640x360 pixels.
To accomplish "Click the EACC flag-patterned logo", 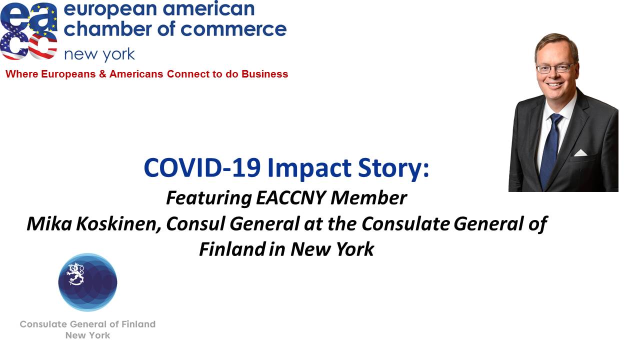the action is (x=28, y=31).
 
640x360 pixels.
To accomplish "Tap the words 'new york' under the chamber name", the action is (x=99, y=54).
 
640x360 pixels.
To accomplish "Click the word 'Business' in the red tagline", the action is (x=264, y=74).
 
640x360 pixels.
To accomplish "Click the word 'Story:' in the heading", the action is (x=393, y=168).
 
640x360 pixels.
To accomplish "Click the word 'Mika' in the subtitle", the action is (x=49, y=223).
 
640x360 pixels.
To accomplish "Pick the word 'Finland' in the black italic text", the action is (x=232, y=249).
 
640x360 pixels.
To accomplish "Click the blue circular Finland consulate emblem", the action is (x=87, y=282).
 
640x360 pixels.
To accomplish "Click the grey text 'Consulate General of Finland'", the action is (x=87, y=324).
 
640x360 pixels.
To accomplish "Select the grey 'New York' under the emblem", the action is (x=87, y=335).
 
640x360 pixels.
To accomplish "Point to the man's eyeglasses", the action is (x=555, y=68).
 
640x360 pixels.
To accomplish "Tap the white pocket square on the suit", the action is (x=580, y=152).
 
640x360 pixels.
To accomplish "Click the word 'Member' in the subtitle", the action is (x=368, y=197).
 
